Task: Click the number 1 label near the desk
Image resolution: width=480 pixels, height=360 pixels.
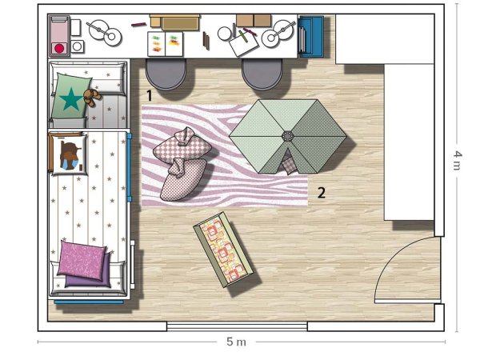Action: (x=149, y=96)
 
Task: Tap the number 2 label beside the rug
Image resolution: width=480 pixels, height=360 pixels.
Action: (x=321, y=193)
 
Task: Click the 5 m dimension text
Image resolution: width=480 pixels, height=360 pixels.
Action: (x=236, y=342)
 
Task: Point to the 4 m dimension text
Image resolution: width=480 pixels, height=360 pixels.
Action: (x=457, y=161)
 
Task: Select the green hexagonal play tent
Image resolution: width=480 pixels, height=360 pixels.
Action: (x=288, y=137)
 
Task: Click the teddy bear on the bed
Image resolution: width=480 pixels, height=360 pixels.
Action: (x=91, y=97)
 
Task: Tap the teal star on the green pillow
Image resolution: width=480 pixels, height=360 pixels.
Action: (x=71, y=99)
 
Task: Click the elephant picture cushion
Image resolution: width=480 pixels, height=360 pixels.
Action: (x=69, y=155)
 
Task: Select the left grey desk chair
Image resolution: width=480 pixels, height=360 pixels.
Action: (x=166, y=74)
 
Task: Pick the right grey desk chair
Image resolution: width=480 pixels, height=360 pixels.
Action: (x=262, y=74)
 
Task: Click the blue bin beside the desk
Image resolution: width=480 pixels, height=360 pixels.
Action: (x=310, y=37)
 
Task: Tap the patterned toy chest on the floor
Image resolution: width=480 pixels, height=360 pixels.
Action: (x=223, y=250)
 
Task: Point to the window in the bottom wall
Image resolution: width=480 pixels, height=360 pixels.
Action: (x=237, y=326)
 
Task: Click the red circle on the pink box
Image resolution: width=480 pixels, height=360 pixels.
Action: (x=59, y=48)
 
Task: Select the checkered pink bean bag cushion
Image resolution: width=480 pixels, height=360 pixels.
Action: (x=182, y=145)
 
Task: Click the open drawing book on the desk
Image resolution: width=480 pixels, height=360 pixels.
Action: (x=166, y=44)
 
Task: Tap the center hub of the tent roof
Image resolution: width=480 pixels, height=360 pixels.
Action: (x=288, y=136)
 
